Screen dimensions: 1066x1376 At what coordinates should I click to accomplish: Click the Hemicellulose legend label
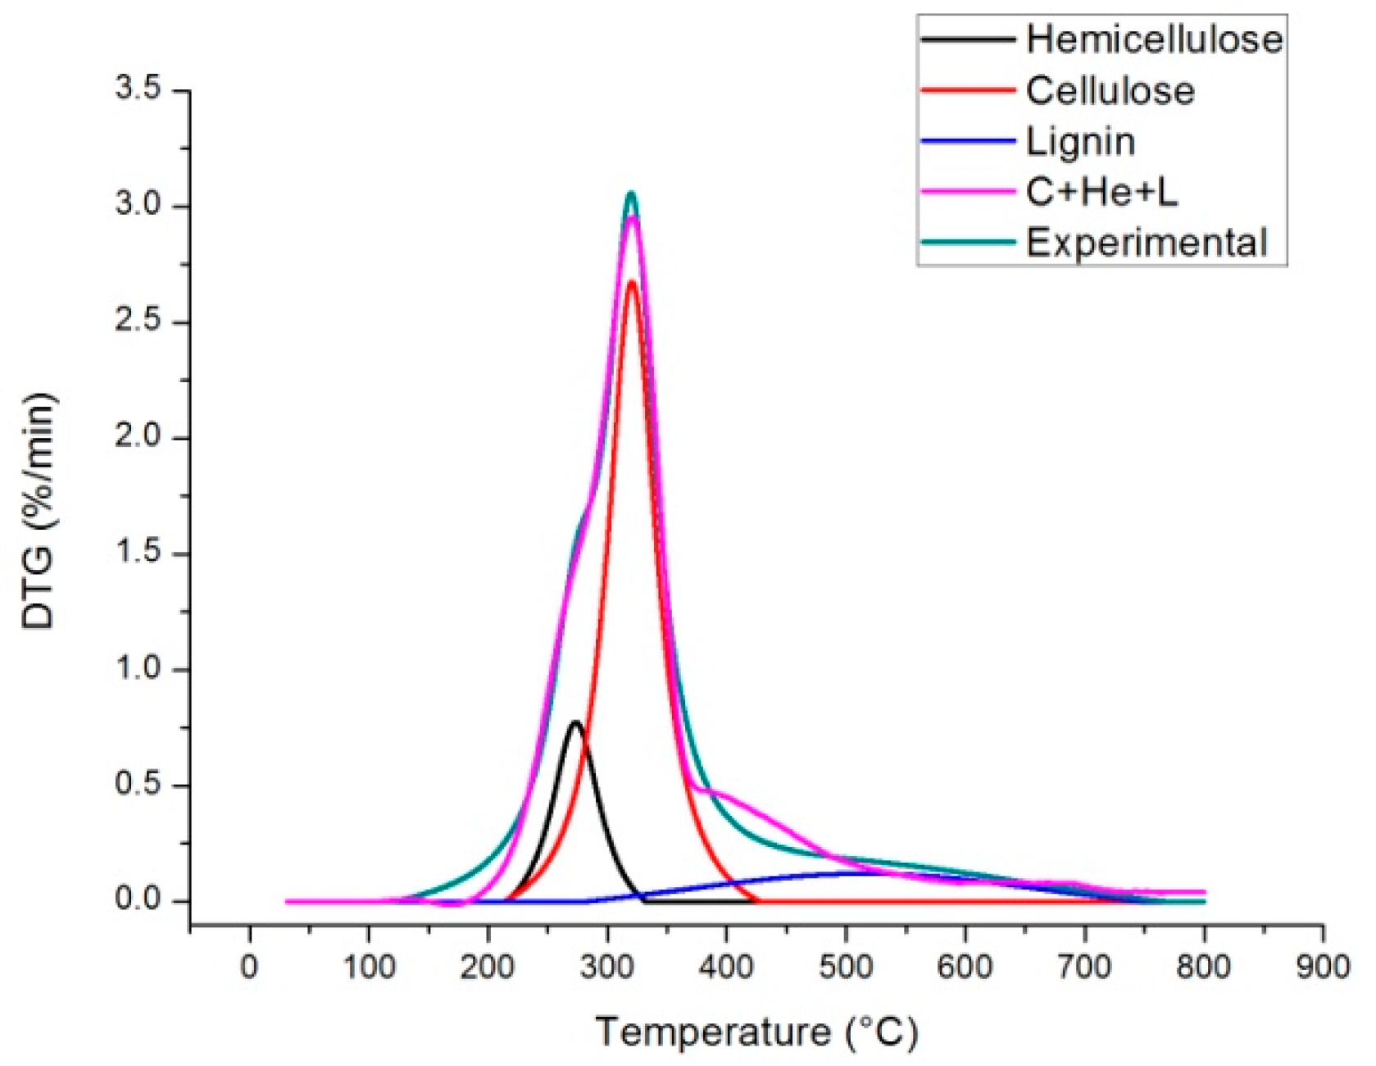coord(1154,39)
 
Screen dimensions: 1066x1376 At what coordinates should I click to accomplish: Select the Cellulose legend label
coord(1110,90)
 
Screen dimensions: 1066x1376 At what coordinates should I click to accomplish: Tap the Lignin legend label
coord(1080,142)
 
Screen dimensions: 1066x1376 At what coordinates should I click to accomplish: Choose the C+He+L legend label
coord(1101,193)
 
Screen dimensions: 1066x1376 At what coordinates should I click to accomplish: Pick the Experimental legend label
coord(1147,243)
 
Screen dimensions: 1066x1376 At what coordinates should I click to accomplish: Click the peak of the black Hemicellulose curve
coord(575,722)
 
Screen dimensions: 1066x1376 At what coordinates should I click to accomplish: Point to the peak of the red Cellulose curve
coord(632,282)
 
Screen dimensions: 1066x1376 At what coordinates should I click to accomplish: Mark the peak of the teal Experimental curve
coord(631,194)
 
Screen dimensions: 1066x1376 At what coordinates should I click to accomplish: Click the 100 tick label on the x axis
coord(369,968)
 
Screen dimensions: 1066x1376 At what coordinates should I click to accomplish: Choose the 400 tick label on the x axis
coord(727,968)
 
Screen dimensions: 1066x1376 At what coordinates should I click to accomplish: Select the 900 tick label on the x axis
coord(1323,968)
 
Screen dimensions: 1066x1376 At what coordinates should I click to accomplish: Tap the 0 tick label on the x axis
coord(250,968)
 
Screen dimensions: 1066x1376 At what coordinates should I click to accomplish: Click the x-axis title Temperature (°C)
coord(756,1032)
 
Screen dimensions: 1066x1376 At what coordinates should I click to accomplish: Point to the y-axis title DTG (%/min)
coord(39,510)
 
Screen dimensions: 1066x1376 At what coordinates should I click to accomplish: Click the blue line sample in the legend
coord(968,142)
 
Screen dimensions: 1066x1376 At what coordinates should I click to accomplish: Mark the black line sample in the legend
coord(968,39)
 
